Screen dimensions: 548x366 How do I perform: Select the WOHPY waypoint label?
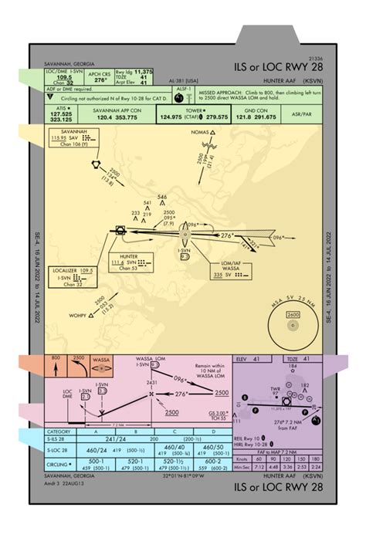point(76,316)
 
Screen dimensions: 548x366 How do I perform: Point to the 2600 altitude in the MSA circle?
point(293,315)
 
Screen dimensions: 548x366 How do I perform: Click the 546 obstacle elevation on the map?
point(162,197)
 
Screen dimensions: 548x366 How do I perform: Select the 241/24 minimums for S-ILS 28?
point(115,438)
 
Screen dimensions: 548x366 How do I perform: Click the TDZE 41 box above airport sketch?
point(298,359)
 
